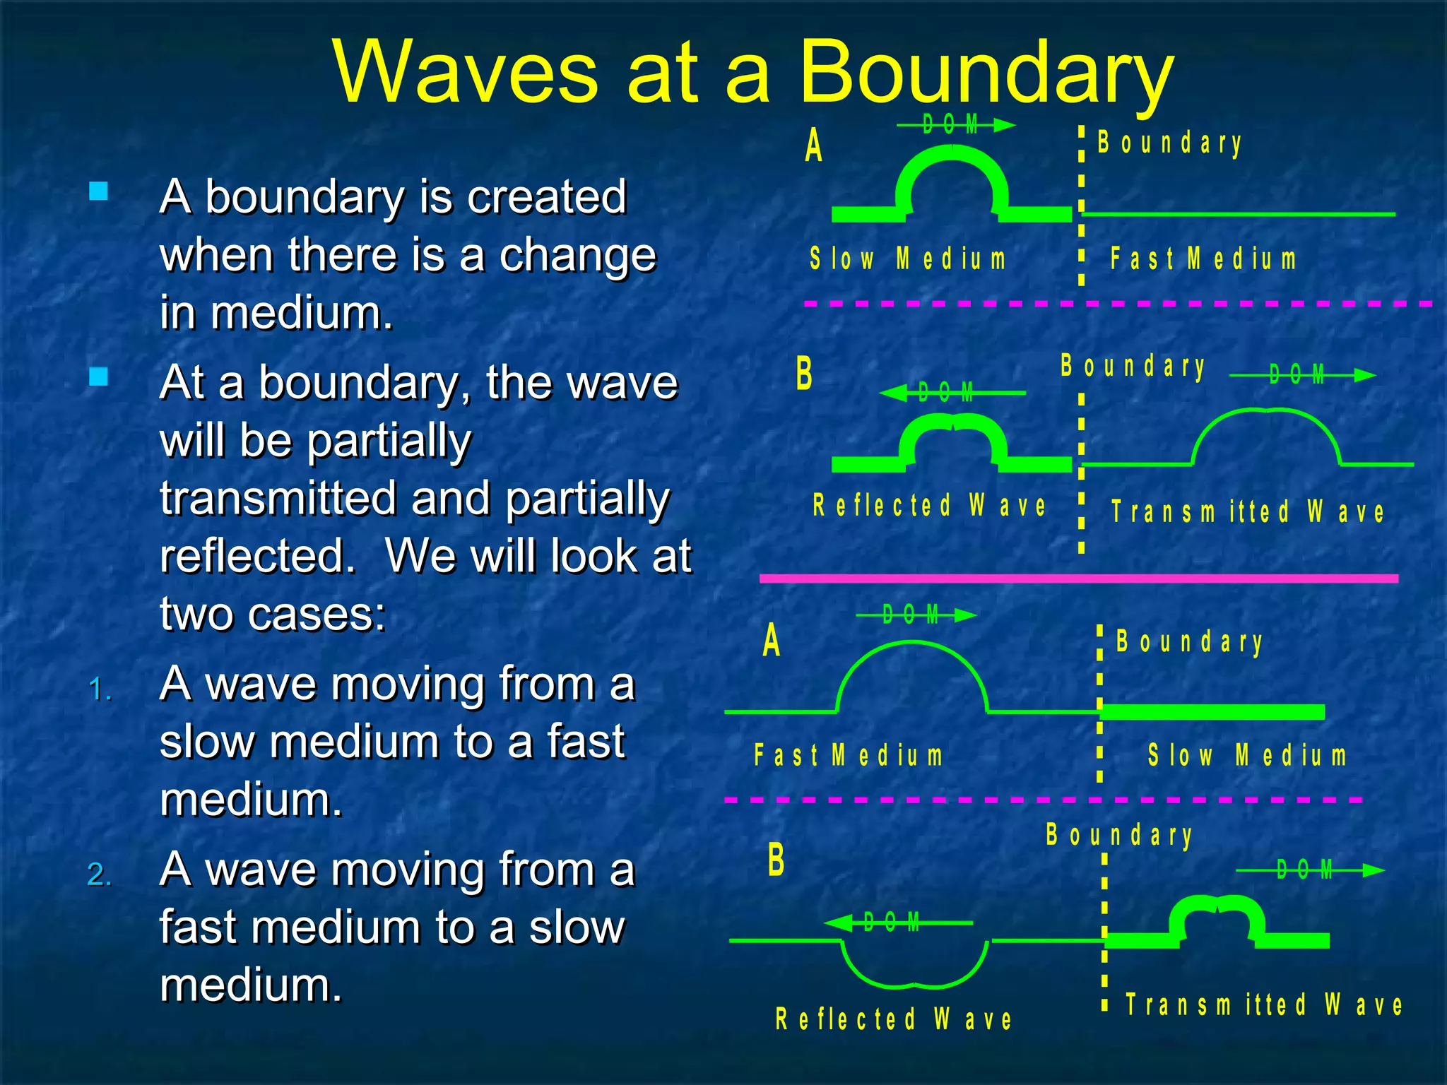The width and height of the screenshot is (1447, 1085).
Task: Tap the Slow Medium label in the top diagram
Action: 908,259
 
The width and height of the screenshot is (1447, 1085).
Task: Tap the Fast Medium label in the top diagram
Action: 1203,259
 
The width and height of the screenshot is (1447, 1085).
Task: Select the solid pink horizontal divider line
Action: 1078,579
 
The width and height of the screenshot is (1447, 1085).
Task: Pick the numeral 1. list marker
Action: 100,689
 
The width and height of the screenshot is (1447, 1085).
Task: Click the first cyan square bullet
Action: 99,191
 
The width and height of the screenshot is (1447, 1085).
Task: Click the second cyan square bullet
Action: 99,377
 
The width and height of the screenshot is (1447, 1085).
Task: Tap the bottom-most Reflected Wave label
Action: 894,1019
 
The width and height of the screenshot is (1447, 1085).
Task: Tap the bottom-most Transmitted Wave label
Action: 1264,1004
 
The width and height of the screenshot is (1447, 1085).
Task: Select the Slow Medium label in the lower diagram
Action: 1247,756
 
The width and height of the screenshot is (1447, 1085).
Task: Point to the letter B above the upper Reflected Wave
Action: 804,374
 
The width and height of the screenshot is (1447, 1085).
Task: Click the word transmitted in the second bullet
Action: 278,499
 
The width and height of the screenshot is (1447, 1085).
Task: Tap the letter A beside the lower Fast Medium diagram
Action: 772,641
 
